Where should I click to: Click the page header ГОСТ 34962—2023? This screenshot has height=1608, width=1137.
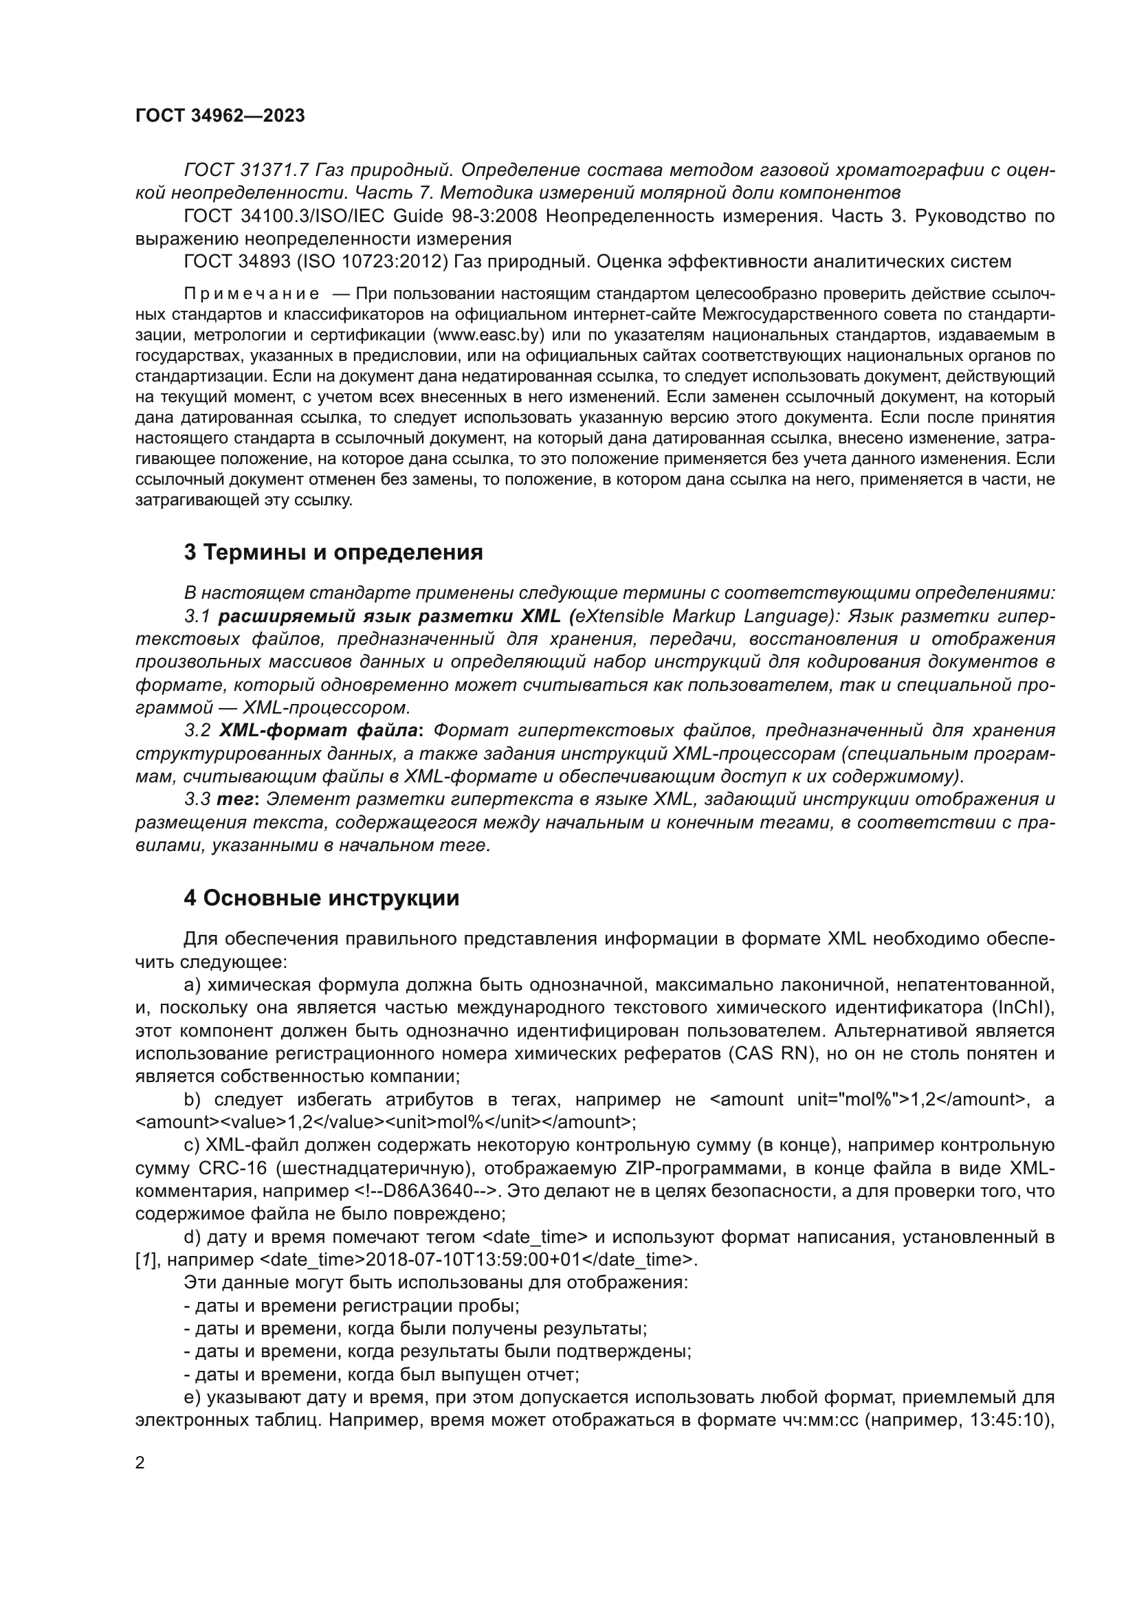point(220,116)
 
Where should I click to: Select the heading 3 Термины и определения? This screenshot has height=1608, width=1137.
point(333,552)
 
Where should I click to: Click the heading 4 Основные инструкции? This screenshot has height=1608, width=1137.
point(321,898)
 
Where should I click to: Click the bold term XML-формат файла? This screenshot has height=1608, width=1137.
point(319,731)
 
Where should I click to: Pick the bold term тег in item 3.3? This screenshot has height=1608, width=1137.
point(235,799)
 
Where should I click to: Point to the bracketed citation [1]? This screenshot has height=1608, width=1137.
point(146,1260)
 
